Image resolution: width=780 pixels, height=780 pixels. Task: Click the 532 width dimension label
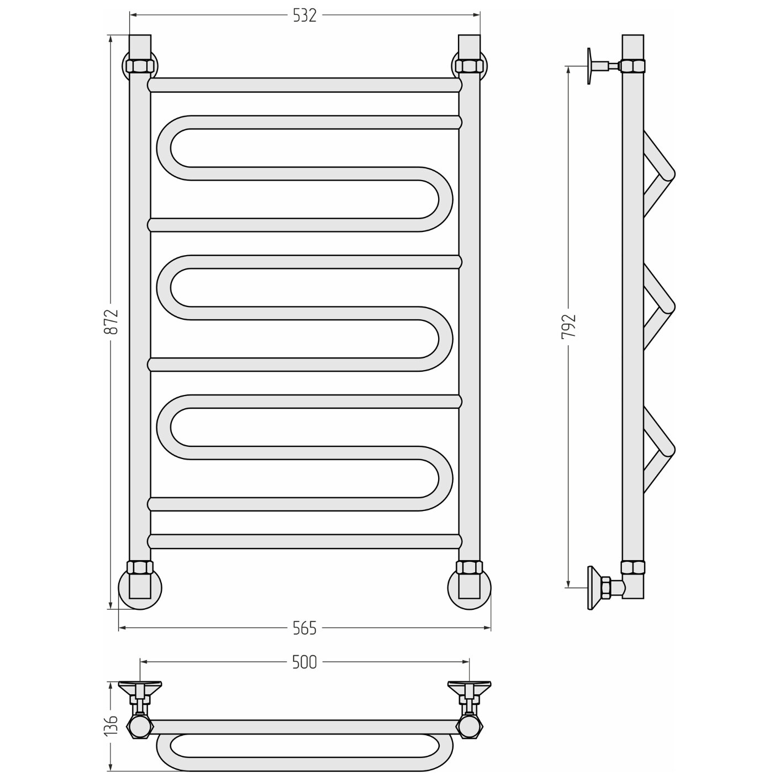304,15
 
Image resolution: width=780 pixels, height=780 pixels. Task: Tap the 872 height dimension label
111,322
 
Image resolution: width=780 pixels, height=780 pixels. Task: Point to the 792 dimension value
568,326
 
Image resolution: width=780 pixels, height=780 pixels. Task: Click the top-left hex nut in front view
140,65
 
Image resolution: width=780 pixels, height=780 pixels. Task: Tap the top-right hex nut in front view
469,65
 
